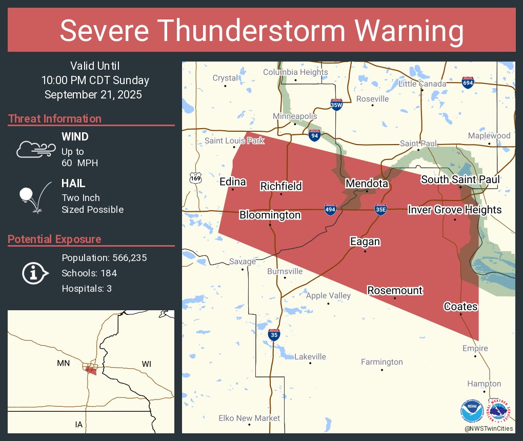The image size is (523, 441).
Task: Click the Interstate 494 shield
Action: (330, 209)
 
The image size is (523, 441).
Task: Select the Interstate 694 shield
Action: (467, 83)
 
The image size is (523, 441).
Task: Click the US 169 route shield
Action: (195, 177)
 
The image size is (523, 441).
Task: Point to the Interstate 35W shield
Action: (336, 105)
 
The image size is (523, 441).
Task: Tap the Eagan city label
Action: (365, 242)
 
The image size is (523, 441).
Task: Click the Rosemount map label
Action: (395, 290)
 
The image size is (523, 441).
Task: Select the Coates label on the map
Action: (460, 307)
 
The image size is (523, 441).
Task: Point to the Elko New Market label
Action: (249, 418)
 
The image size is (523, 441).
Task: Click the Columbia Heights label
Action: (295, 72)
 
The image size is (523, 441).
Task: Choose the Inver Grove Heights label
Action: (454, 210)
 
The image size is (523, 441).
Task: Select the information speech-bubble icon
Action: (35, 273)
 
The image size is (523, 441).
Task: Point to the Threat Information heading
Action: (55, 118)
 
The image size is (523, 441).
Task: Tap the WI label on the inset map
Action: (146, 364)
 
